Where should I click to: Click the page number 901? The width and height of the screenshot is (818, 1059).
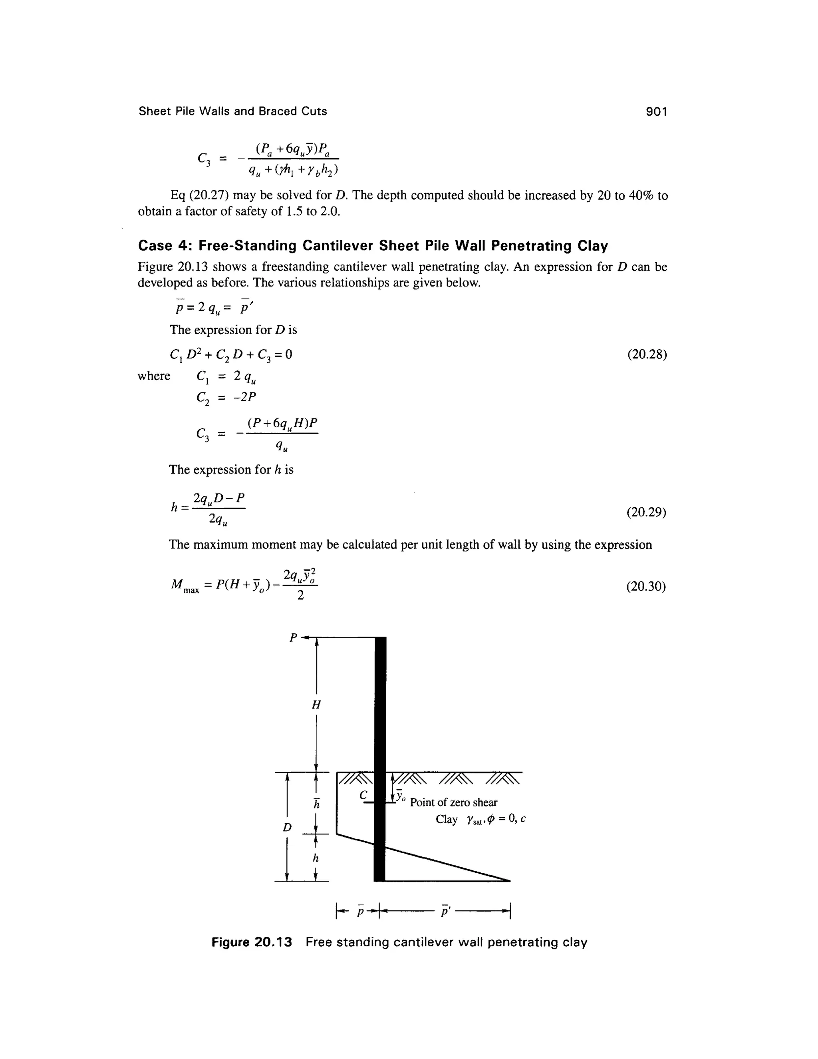[x=657, y=112]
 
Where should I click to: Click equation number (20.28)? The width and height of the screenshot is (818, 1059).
[x=647, y=354]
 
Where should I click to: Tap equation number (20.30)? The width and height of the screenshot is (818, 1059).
[x=647, y=587]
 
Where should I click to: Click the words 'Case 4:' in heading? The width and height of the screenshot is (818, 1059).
[x=166, y=246]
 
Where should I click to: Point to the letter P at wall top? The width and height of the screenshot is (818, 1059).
[x=293, y=638]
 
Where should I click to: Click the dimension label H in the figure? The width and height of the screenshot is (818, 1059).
[x=316, y=705]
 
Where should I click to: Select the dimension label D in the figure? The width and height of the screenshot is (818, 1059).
[x=287, y=827]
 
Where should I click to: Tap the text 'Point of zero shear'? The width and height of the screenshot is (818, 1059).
[x=454, y=802]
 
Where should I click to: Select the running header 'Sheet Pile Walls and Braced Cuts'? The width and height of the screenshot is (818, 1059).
[x=232, y=111]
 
